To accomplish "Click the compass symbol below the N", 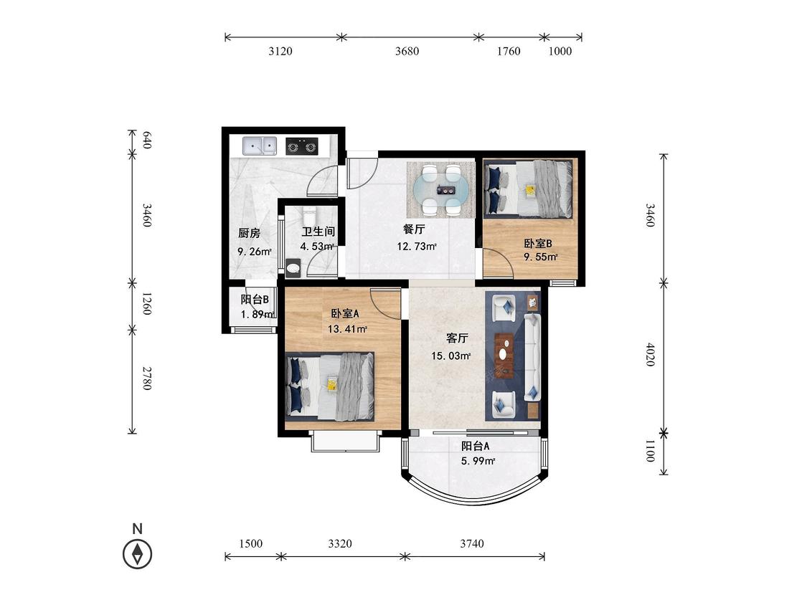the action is click(138, 554).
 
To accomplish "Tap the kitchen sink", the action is click(260, 146).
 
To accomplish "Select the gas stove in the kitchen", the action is click(301, 146).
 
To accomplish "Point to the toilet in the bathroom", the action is click(293, 267).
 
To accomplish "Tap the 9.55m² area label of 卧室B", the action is click(540, 257).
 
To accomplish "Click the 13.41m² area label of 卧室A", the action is click(347, 329).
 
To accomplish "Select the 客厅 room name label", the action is click(456, 338).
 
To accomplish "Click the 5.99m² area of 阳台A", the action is click(478, 461).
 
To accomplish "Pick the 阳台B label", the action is click(255, 300).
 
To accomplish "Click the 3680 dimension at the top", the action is click(407, 51).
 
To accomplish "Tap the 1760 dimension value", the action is click(509, 51).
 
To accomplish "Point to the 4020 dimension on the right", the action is click(651, 354).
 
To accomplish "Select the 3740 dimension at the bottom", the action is click(472, 543).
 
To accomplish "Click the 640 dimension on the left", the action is click(146, 140).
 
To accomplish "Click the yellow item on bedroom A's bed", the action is click(332, 384).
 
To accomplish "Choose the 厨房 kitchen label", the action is click(249, 233).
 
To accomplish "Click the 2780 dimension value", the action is click(146, 378).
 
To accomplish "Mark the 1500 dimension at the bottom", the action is click(250, 543).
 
